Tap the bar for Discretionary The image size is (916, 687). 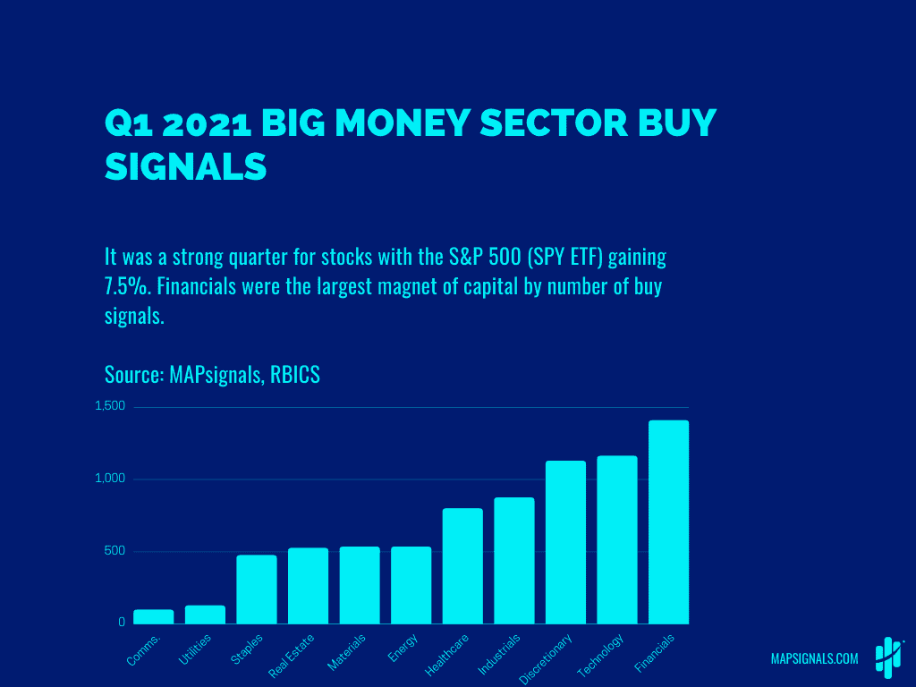coord(565,542)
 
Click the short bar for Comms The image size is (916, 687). coord(154,616)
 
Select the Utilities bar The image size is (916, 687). coord(205,615)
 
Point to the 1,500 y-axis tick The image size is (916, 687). coord(110,406)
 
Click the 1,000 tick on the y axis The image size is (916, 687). coord(110,479)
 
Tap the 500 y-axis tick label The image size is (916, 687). coord(114,550)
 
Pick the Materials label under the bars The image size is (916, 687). coord(347,652)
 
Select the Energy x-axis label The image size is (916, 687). coord(403,647)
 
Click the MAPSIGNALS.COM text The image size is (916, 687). coord(814,659)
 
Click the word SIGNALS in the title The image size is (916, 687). coord(186,166)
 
